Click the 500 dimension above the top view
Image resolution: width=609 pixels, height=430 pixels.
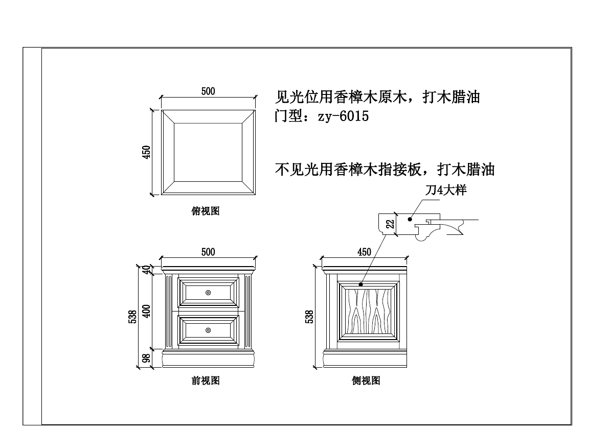pos(208,91)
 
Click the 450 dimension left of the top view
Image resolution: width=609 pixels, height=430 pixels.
pos(146,152)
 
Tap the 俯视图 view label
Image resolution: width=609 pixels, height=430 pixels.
pos(206,211)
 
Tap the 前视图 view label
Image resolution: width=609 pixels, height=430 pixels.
pos(206,380)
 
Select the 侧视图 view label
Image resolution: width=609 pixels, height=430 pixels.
pos(366,380)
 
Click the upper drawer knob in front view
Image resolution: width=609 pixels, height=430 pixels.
pos(208,292)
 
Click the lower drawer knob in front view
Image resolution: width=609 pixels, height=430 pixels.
pos(208,330)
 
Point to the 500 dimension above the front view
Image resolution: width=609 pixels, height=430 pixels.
pos(208,252)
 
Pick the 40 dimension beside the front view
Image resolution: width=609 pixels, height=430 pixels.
pos(147,269)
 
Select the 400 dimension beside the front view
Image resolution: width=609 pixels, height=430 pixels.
pos(147,311)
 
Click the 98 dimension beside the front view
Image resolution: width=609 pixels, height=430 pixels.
pos(147,359)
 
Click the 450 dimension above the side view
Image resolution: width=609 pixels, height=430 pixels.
pos(364,252)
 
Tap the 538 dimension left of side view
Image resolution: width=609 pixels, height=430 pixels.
pos(309,317)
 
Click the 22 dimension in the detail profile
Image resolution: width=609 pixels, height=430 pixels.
pos(390,224)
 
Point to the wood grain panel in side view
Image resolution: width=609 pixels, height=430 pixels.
pos(369,310)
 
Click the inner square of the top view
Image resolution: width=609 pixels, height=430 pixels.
pos(208,152)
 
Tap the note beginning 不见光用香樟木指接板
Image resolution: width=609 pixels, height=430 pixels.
pos(385,169)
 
